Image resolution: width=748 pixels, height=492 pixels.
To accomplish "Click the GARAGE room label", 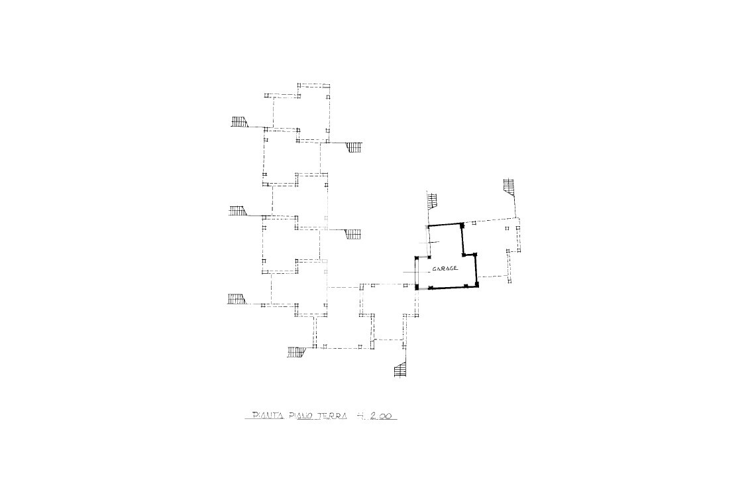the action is (x=445, y=269).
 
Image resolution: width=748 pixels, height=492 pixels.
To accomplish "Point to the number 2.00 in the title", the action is (x=380, y=416).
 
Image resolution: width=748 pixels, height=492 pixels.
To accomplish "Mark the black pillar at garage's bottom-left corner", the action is (x=417, y=287).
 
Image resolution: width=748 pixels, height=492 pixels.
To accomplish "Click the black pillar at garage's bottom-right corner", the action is (x=476, y=285).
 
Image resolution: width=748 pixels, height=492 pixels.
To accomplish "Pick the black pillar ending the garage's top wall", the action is (x=462, y=224).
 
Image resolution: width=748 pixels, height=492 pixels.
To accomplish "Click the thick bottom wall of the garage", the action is (x=447, y=287).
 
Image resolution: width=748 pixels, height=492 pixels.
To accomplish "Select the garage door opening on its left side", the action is (x=417, y=273).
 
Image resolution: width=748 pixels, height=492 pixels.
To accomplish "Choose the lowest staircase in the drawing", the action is (x=400, y=369).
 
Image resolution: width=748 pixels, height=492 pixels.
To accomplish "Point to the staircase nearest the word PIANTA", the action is (x=297, y=351).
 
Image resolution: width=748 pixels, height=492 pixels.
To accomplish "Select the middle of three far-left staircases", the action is (x=239, y=211).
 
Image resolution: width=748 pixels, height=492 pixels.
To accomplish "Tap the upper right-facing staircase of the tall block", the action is (x=352, y=147).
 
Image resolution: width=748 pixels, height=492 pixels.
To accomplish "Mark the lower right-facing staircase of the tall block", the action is (x=352, y=234).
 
